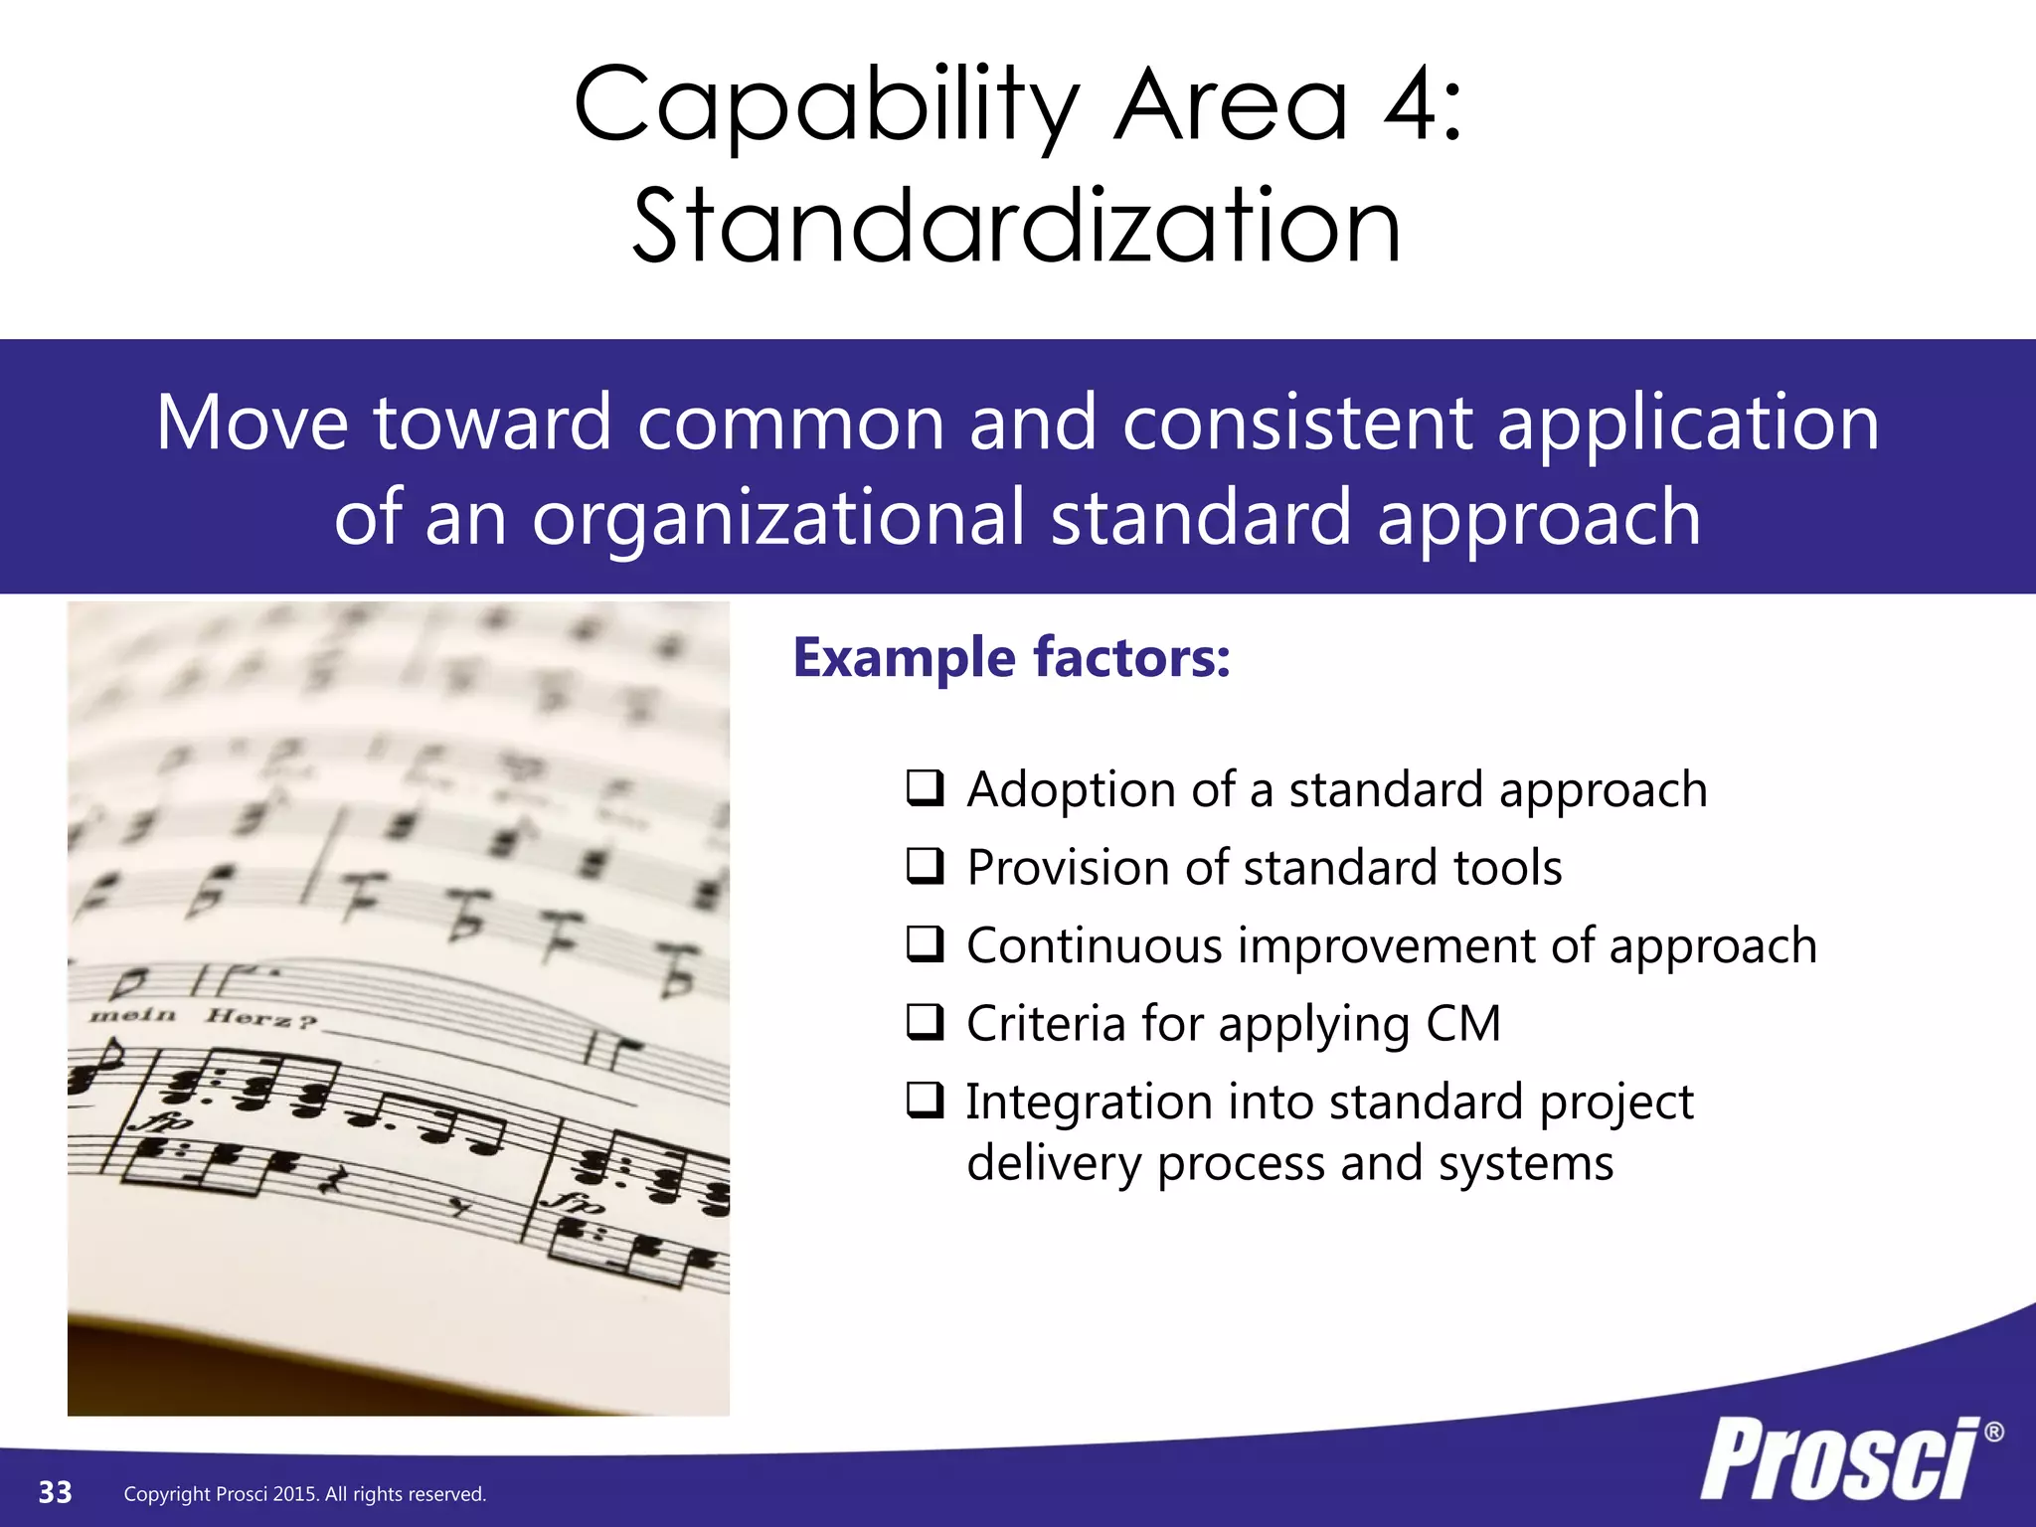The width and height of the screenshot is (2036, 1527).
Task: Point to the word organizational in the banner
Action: click(777, 518)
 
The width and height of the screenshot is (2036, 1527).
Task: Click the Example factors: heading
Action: click(1011, 658)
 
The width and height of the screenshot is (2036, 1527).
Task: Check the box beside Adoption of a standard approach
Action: click(925, 787)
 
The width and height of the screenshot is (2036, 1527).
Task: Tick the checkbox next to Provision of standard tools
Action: click(925, 866)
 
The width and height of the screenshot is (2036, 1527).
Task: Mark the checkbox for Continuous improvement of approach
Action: click(925, 943)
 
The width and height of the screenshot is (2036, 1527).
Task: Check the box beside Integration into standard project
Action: click(925, 1100)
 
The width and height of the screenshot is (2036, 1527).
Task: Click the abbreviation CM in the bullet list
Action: click(1461, 1024)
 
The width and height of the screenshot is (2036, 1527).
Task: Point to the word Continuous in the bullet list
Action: click(1094, 944)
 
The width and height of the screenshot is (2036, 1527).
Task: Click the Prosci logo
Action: click(1839, 1459)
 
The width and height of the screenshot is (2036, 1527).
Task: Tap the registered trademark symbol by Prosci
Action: click(1993, 1433)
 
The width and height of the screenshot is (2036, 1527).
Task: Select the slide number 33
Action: click(55, 1492)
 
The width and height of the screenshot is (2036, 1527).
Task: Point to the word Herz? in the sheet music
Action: click(261, 1017)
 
